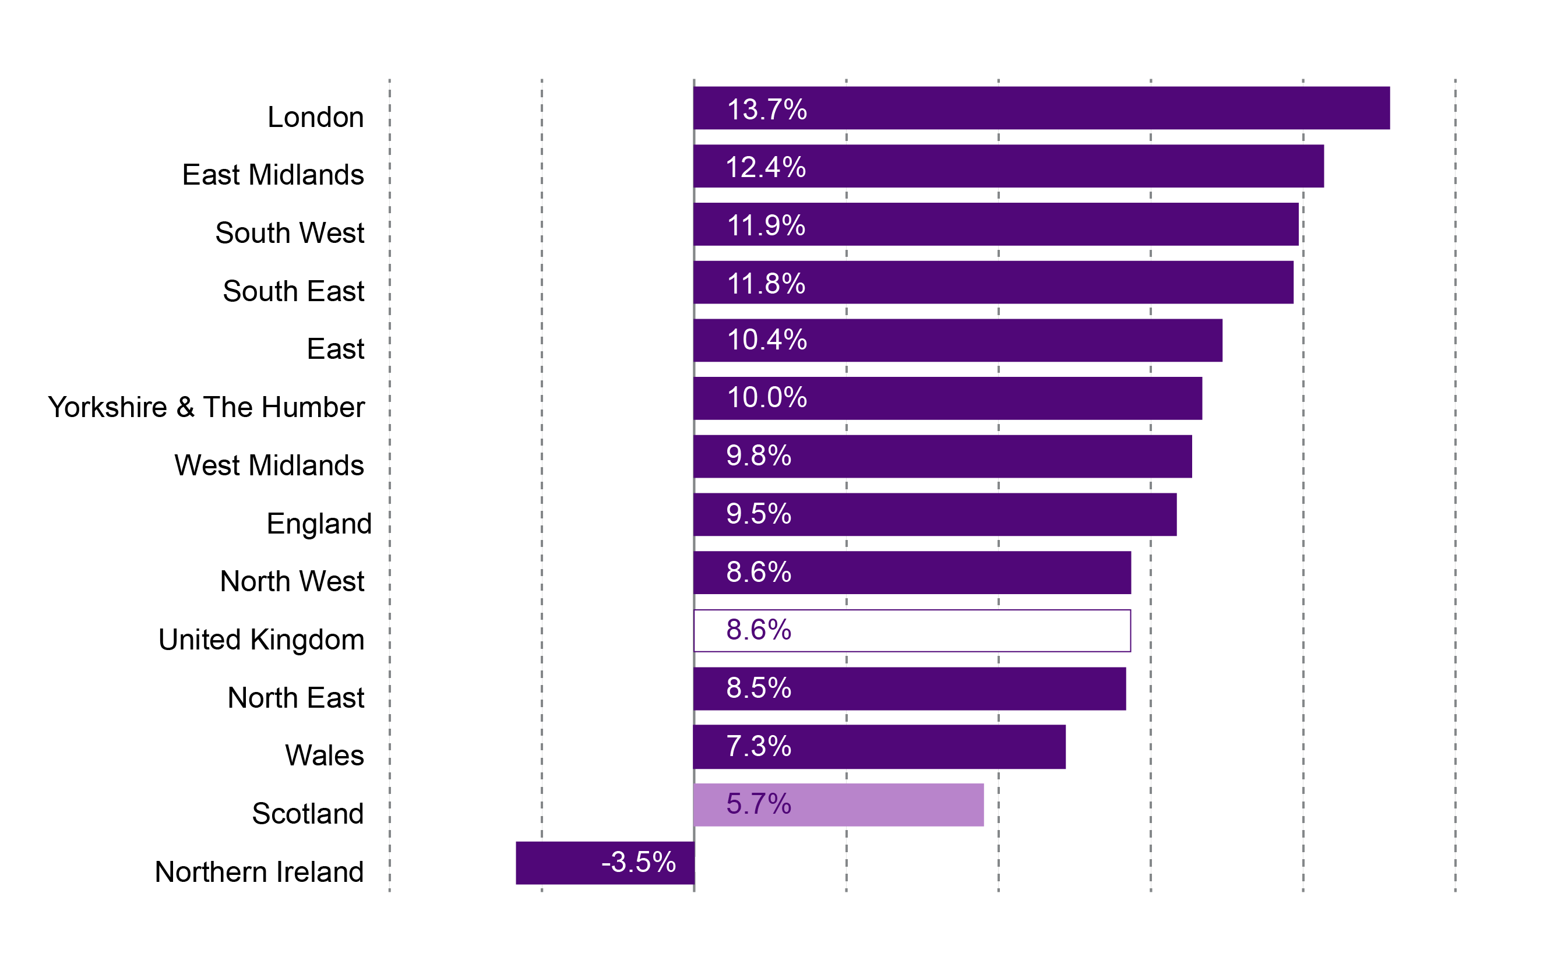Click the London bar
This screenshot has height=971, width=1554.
coord(1041,108)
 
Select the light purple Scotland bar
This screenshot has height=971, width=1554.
coord(838,804)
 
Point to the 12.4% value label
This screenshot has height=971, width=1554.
coord(765,167)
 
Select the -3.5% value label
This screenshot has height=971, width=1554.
coord(638,862)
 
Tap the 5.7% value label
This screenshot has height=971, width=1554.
coord(758,804)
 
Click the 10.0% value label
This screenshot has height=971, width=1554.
coord(766,397)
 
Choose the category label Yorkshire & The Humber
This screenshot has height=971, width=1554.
coord(206,407)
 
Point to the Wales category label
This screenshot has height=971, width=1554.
coord(325,755)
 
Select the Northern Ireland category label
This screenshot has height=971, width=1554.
coord(259,871)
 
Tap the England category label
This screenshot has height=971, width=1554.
coord(319,524)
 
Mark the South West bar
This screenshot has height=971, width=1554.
coord(996,224)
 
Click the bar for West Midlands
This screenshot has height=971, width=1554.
coord(942,457)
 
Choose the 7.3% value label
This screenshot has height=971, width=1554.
coord(758,746)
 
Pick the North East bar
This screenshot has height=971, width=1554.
coord(909,688)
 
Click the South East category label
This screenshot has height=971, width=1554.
coord(293,291)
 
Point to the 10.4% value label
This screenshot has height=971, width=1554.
coord(766,340)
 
